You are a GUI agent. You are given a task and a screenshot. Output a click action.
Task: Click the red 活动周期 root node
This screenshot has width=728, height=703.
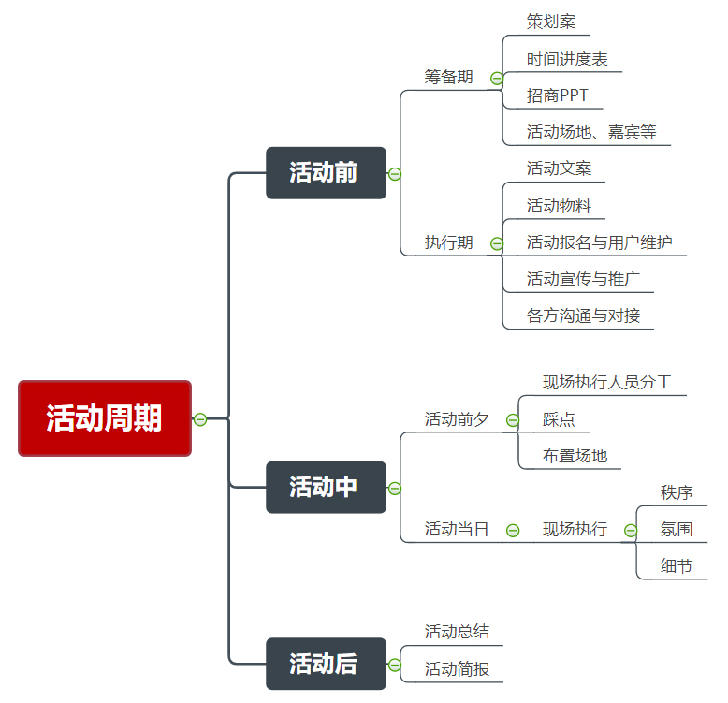pyautogui.click(x=105, y=418)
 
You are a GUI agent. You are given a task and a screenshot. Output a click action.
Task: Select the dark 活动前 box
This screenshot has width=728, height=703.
pyautogui.click(x=326, y=173)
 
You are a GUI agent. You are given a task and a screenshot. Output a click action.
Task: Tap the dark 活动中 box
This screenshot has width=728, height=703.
pyautogui.click(x=326, y=488)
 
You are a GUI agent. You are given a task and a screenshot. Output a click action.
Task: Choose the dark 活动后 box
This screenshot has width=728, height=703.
pyautogui.click(x=326, y=664)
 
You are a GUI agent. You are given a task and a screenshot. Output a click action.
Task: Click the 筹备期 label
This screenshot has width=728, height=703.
pyautogui.click(x=448, y=77)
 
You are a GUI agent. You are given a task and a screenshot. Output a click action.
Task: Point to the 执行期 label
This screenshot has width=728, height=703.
pyautogui.click(x=448, y=242)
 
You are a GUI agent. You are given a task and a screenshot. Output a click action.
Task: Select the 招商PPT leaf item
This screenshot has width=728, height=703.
pyautogui.click(x=557, y=95)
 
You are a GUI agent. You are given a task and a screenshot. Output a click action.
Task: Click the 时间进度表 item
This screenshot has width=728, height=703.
pyautogui.click(x=566, y=59)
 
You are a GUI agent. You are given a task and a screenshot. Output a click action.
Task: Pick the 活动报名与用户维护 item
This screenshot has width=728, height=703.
pyautogui.click(x=599, y=242)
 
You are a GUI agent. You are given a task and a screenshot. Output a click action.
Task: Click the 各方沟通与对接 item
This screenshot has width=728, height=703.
pyautogui.click(x=583, y=315)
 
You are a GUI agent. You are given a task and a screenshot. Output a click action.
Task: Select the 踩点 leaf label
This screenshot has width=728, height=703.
pyautogui.click(x=559, y=419)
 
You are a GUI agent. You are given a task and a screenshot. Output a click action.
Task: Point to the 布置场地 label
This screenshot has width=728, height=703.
pyautogui.click(x=575, y=456)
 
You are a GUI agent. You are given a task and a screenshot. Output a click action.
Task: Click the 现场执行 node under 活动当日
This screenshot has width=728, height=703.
pyautogui.click(x=575, y=530)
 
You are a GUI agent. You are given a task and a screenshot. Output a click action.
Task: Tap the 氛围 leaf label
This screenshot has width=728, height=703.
pyautogui.click(x=677, y=530)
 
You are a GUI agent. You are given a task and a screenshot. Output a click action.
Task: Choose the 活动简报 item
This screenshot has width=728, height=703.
pyautogui.click(x=457, y=669)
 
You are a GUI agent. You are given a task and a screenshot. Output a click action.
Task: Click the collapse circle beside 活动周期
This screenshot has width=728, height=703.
pyautogui.click(x=200, y=418)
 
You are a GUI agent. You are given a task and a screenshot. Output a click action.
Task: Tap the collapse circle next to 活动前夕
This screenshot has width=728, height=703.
pyautogui.click(x=512, y=420)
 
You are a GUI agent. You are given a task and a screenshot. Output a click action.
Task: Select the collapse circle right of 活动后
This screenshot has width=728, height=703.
pyautogui.click(x=395, y=665)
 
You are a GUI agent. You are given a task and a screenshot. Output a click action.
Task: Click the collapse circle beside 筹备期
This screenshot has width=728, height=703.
pyautogui.click(x=496, y=79)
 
